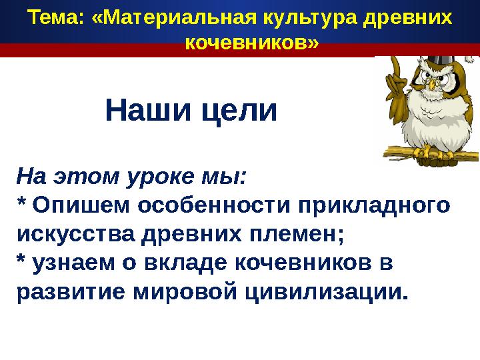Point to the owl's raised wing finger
tap(394, 63)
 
